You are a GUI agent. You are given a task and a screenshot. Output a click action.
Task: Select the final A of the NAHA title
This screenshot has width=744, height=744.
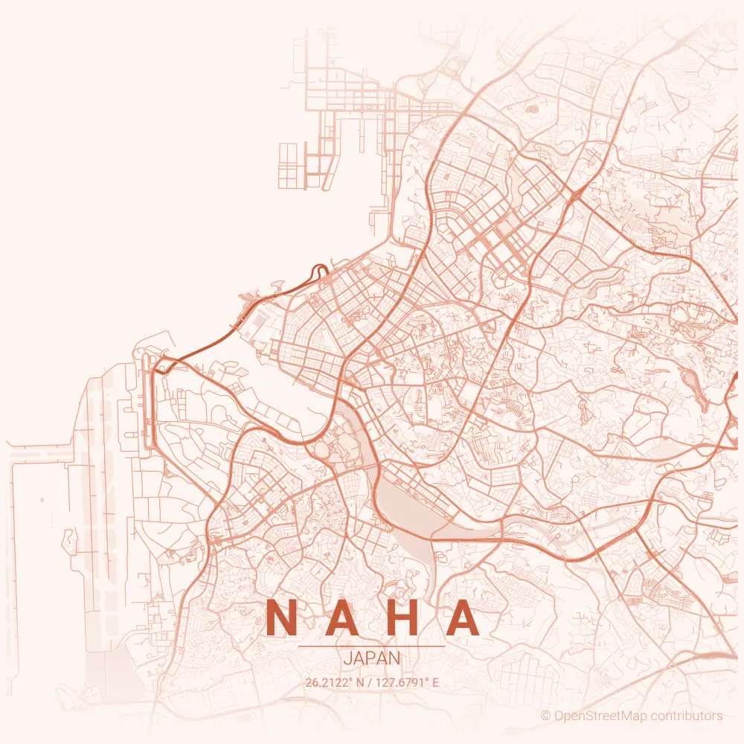point(463,618)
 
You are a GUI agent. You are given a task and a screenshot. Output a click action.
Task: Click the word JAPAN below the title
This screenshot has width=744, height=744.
point(372,658)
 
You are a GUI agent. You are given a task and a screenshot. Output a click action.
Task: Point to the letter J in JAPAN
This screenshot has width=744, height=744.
point(347,658)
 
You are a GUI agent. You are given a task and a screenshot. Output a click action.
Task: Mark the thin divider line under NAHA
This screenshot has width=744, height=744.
point(372,647)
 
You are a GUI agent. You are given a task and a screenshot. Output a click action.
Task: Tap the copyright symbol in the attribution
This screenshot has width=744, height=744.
point(545,716)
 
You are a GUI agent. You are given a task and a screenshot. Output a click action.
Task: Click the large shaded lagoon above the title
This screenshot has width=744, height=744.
point(405,513)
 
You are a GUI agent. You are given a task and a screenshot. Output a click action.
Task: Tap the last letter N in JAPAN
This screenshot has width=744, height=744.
point(395,658)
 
